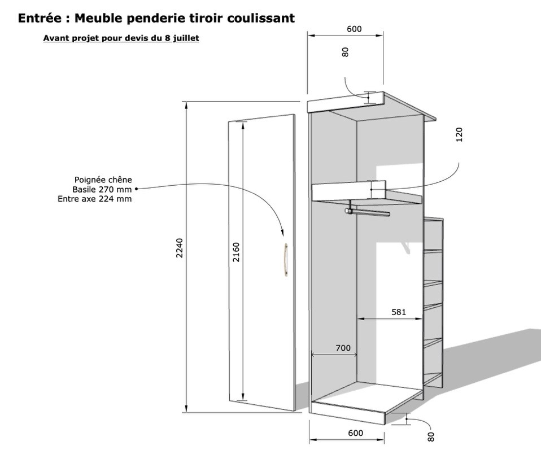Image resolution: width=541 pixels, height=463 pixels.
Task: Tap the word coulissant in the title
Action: tap(261, 18)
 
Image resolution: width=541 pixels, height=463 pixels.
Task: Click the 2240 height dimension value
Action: tap(180, 248)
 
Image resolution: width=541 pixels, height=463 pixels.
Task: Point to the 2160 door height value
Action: tap(236, 252)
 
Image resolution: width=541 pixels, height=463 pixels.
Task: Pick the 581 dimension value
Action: tap(399, 312)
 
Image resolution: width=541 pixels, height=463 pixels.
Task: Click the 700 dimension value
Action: tap(343, 348)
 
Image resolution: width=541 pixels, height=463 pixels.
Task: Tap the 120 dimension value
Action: tap(459, 134)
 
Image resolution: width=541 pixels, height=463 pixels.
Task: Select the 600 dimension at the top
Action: tap(354, 29)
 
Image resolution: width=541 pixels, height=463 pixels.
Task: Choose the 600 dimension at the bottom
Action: tap(355, 433)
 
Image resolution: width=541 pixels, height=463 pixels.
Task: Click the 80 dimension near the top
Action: tap(346, 52)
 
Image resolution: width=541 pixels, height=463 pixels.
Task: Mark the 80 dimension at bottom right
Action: tap(430, 437)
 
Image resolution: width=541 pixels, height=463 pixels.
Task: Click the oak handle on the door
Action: tap(286, 259)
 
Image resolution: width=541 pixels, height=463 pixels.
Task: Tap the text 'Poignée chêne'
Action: tap(103, 180)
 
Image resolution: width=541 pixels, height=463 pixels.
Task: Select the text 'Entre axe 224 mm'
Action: tap(95, 199)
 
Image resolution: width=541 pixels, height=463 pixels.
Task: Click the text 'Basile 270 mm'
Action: tap(102, 189)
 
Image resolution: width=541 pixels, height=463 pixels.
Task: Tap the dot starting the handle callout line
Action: tap(136, 189)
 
